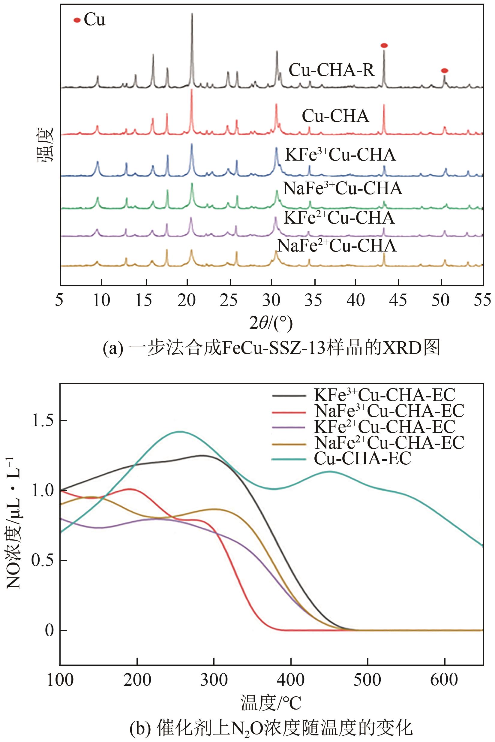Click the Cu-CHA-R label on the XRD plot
point(331,70)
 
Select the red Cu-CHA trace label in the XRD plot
point(335,116)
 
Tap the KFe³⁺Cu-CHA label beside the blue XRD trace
point(340,155)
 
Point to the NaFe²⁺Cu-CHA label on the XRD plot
point(337,246)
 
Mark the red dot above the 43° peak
point(384,46)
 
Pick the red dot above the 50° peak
point(444,71)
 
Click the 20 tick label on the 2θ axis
point(187,300)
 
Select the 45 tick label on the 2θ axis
point(398,300)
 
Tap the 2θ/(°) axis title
point(271,323)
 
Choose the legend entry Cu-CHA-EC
point(362,458)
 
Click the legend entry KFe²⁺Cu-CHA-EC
point(385,427)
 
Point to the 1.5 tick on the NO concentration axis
point(43,421)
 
